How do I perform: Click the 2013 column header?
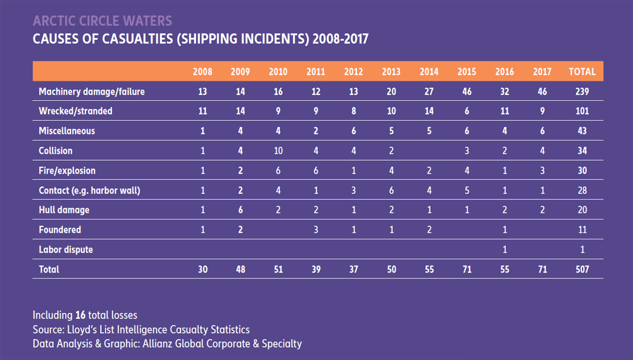391,72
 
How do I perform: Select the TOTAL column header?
581,72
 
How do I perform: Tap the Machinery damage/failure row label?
91,91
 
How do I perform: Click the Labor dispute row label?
66,250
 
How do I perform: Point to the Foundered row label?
60,230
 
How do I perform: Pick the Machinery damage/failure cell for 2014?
429,91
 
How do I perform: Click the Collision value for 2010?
278,151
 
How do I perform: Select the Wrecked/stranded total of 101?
581,111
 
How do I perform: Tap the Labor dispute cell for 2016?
505,250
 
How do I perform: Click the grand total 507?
581,270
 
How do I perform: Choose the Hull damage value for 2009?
240,210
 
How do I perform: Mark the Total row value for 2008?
202,270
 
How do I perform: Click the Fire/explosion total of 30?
581,171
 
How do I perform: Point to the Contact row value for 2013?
391,191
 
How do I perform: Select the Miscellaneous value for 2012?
353,131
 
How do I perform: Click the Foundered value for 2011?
315,230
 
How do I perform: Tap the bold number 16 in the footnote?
81,315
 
